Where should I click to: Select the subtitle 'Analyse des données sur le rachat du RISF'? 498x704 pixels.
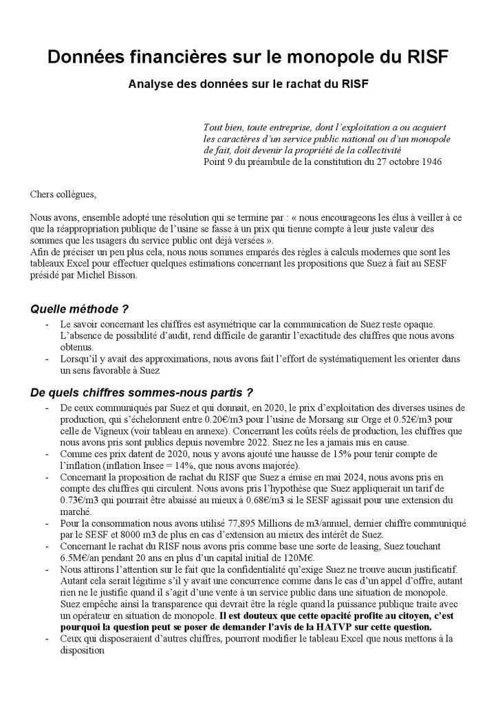[x=248, y=85]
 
